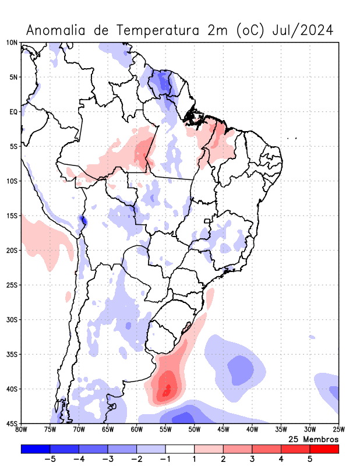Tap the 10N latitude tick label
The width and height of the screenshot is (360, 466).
[x=12, y=43]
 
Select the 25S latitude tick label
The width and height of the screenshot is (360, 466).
[x=12, y=285]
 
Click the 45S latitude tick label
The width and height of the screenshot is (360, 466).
[x=12, y=423]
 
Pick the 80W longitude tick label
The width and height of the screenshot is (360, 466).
[x=22, y=430]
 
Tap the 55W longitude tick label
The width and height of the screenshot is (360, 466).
[x=165, y=430]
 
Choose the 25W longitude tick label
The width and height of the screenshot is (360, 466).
[x=338, y=430]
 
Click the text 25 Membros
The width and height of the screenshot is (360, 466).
[x=313, y=439]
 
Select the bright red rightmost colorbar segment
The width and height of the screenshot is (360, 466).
[x=324, y=449]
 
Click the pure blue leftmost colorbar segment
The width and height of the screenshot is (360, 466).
[x=36, y=449]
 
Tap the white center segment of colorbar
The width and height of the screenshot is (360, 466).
[x=180, y=449]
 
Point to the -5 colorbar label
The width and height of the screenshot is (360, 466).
[x=50, y=460]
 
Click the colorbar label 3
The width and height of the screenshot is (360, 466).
[x=252, y=460]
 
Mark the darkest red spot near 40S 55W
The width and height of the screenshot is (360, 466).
[x=167, y=389]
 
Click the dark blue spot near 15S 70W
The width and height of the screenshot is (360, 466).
[x=83, y=220]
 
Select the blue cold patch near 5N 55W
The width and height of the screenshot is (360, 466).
[x=164, y=83]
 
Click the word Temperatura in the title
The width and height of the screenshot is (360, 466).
[x=155, y=30]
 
